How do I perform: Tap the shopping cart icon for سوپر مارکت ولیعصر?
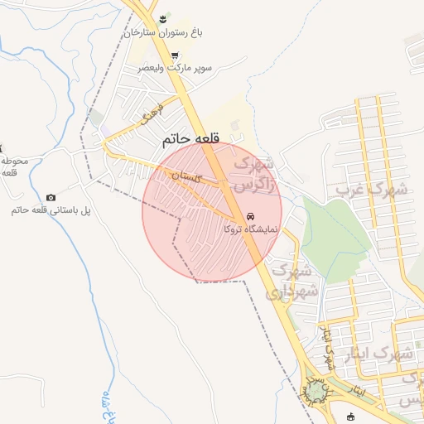(x=175, y=55)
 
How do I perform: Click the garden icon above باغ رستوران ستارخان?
(x=164, y=18)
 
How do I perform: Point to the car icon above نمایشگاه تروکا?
(x=251, y=214)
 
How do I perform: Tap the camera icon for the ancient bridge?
(x=51, y=197)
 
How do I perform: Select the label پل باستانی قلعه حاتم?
(x=51, y=210)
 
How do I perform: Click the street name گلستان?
(x=186, y=176)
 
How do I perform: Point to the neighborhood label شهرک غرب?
(x=371, y=190)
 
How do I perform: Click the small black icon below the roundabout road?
(x=350, y=416)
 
